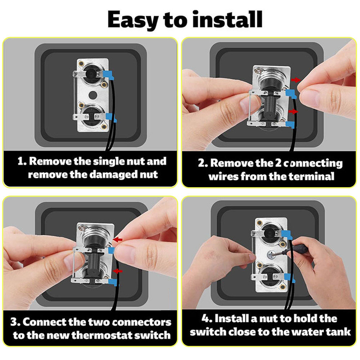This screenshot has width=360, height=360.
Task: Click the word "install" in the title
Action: pyautogui.click(x=227, y=19)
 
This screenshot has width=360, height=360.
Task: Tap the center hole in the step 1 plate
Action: pyautogui.click(x=93, y=95)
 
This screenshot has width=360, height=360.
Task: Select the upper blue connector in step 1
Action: pyautogui.click(x=108, y=75)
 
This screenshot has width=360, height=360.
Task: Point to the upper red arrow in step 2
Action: pyautogui.click(x=296, y=80)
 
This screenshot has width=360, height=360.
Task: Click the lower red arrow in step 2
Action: pyautogui.click(x=293, y=112)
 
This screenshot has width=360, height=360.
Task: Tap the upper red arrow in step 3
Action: pyautogui.click(x=118, y=240)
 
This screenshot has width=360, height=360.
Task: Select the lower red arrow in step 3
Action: pyautogui.click(x=118, y=271)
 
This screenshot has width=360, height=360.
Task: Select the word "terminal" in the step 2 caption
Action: pyautogui.click(x=311, y=176)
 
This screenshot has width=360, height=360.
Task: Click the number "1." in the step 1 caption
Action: pyautogui.click(x=22, y=161)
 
